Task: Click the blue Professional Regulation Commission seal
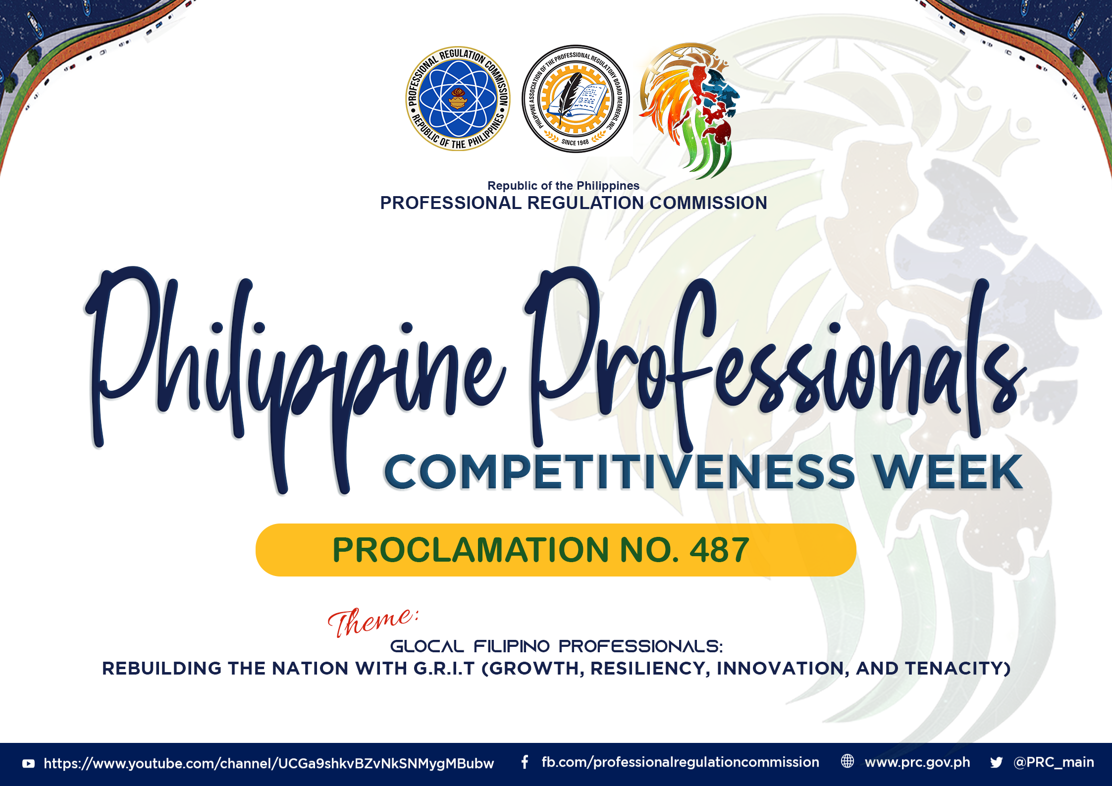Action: pyautogui.click(x=458, y=99)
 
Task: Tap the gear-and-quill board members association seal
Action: pyautogui.click(x=576, y=99)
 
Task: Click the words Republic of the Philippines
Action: pyautogui.click(x=563, y=186)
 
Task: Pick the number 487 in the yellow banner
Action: pyautogui.click(x=719, y=550)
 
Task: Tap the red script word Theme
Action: pyautogui.click(x=372, y=622)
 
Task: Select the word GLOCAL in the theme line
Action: pyautogui.click(x=427, y=646)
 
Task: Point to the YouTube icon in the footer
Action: pyautogui.click(x=29, y=764)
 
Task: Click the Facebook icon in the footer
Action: pyautogui.click(x=525, y=762)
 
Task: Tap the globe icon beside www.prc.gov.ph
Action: pyautogui.click(x=847, y=761)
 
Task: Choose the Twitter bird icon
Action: pyautogui.click(x=996, y=762)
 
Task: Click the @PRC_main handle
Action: pyautogui.click(x=1054, y=763)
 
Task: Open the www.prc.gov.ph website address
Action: pyautogui.click(x=917, y=763)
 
